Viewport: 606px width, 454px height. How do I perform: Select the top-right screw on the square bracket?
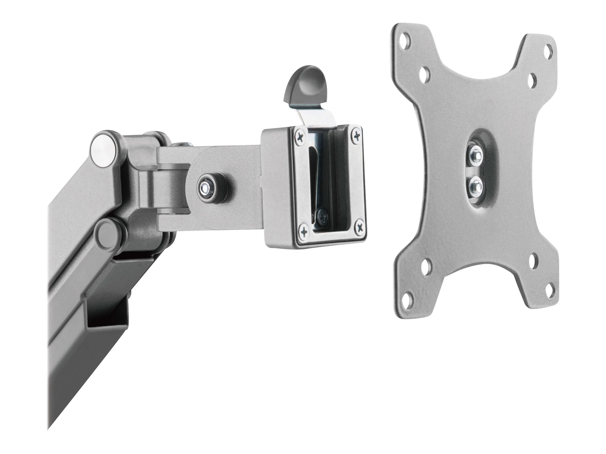[x=357, y=135]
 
